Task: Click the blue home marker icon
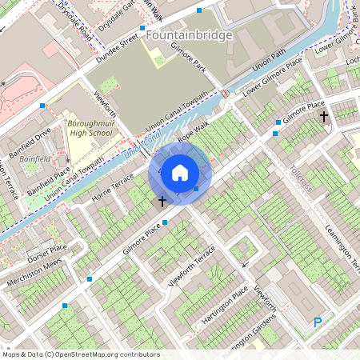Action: [180, 172]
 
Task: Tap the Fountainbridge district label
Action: [190, 35]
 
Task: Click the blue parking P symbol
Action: [318, 322]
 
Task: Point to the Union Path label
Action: [269, 60]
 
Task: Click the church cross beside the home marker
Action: [162, 202]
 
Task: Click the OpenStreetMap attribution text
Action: [80, 354]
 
